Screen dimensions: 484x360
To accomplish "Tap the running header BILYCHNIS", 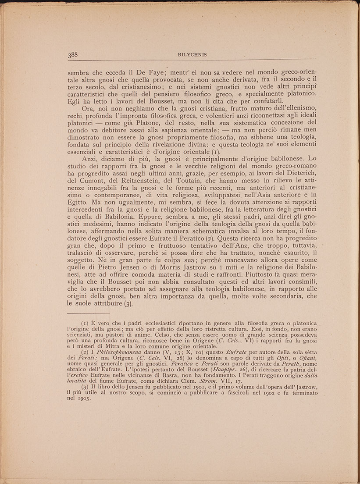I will (x=190, y=55).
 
